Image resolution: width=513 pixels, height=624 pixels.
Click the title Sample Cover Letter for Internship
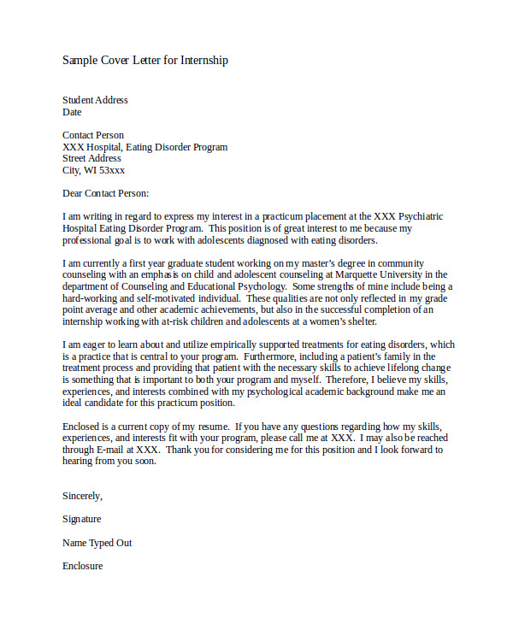tap(145, 61)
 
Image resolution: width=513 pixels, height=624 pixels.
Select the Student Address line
tap(95, 100)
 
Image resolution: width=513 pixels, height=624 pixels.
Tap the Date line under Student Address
tap(72, 112)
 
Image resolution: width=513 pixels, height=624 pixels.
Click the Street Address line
tap(91, 158)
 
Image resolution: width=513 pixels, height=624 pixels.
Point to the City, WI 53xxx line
tap(93, 170)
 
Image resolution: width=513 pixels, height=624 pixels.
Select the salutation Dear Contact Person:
tap(105, 193)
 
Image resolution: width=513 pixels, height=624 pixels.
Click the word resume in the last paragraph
tap(214, 426)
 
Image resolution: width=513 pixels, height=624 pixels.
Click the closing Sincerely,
tap(82, 496)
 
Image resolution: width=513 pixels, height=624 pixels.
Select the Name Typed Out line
tap(97, 543)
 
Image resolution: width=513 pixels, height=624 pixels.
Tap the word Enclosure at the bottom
tap(82, 566)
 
